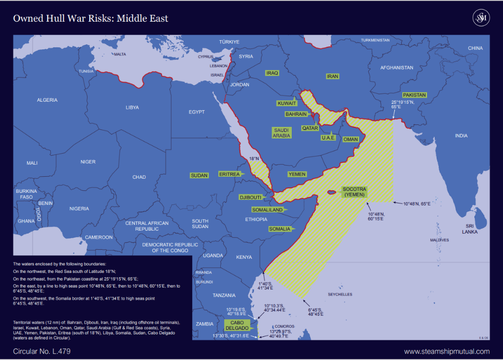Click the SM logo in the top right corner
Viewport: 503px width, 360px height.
point(481,18)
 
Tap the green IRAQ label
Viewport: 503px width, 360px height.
point(272,73)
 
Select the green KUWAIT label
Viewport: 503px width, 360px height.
point(287,103)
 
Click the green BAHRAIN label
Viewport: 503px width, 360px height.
point(296,114)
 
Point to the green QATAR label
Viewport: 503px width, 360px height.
point(310,128)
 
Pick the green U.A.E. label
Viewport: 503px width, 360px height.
point(328,138)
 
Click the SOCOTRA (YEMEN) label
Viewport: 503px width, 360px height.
point(354,192)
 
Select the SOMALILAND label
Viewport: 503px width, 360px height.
point(267,209)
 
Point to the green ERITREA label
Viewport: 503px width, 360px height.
point(229,174)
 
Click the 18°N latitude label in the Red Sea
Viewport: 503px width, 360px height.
point(254,159)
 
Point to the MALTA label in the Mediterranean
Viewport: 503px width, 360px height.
point(120,54)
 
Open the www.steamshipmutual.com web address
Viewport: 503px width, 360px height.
point(447,351)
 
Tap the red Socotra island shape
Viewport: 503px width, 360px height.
point(331,192)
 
